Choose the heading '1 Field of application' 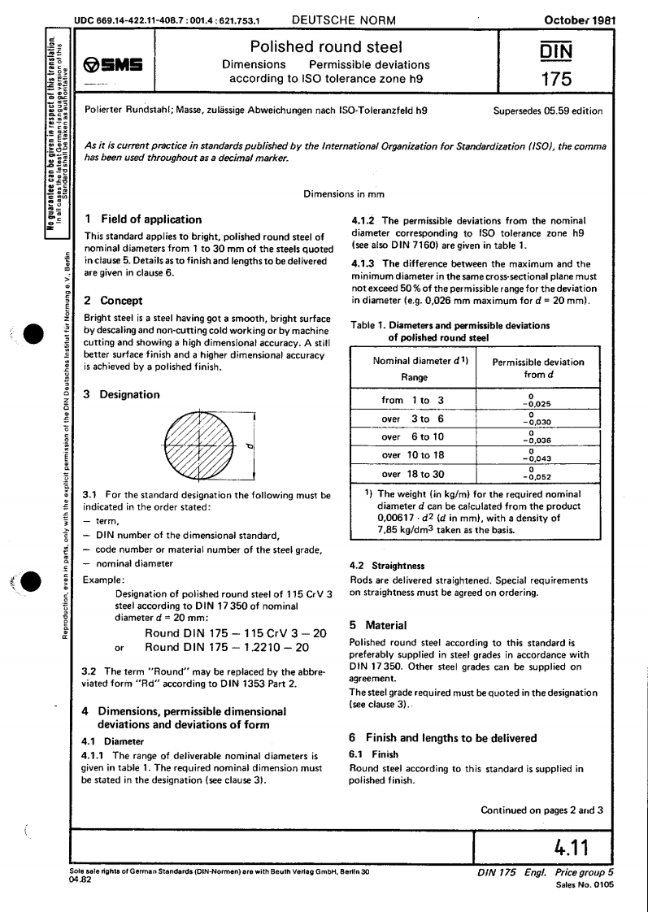[143, 219]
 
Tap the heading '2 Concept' [116, 301]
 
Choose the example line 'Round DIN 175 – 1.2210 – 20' [215, 648]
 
